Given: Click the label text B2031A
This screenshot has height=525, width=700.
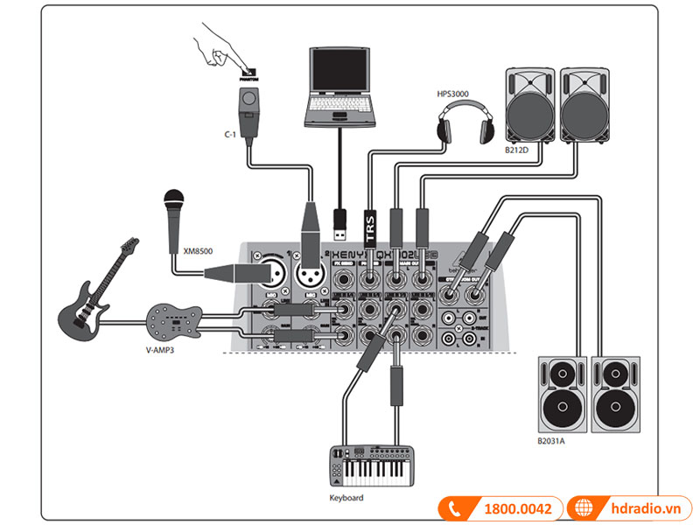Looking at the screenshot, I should tap(552, 441).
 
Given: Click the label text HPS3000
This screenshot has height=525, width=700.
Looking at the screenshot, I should tap(453, 92).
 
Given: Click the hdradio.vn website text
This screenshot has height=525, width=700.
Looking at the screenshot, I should tap(644, 507).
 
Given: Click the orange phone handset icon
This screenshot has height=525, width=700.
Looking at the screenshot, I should tap(456, 507).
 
